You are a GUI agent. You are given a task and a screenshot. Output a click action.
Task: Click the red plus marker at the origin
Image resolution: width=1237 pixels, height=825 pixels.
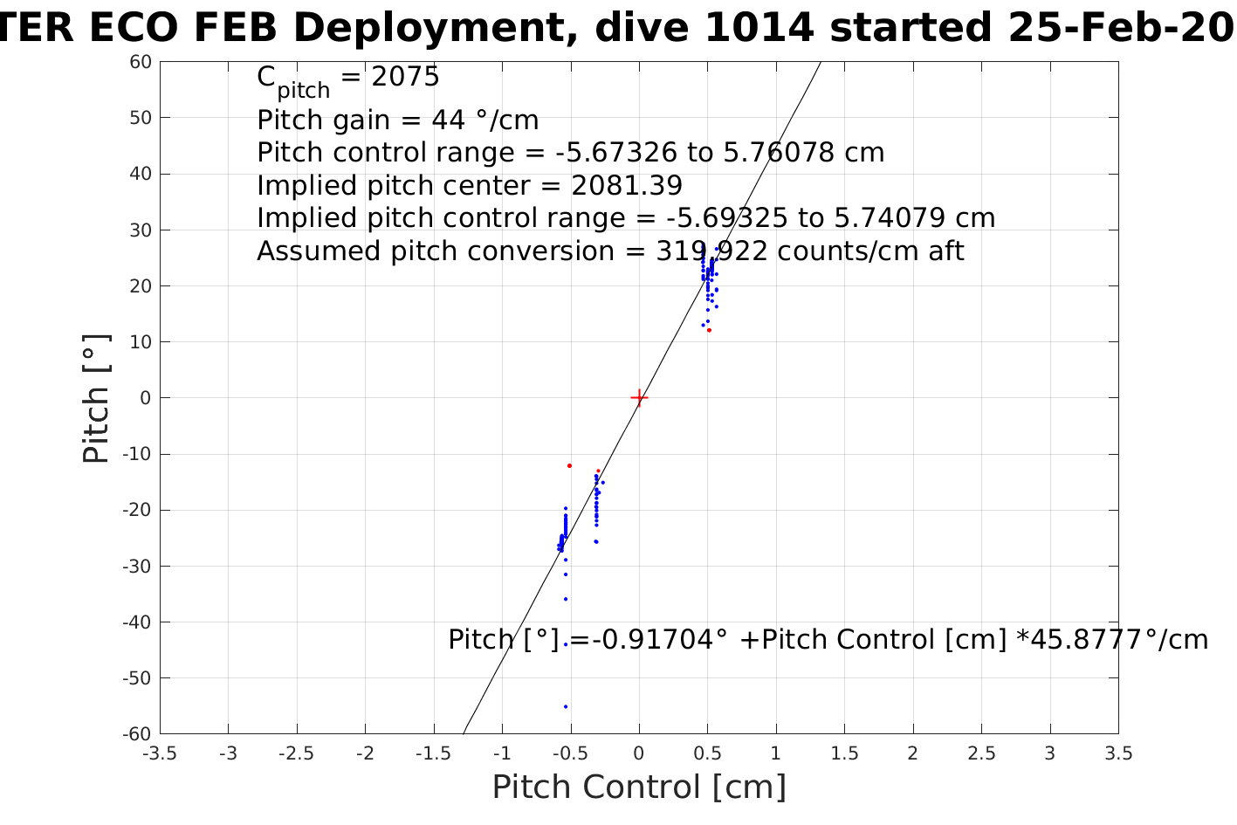tap(639, 398)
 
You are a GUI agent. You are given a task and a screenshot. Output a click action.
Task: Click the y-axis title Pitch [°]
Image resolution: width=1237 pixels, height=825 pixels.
tap(96, 398)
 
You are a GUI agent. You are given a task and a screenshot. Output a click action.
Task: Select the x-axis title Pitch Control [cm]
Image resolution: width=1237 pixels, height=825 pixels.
tap(639, 787)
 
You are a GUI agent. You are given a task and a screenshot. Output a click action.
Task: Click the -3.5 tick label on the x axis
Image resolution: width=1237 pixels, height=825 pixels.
tap(160, 753)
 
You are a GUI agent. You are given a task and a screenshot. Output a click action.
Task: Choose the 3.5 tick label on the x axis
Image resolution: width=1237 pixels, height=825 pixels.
tap(1118, 753)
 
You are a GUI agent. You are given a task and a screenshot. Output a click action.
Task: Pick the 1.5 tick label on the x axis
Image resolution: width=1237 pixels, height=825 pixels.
tap(844, 753)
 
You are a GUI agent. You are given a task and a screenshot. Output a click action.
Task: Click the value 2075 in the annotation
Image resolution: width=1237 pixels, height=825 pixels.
tap(405, 78)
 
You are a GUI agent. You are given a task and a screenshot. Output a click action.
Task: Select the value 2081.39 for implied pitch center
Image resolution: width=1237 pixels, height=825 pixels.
tap(627, 186)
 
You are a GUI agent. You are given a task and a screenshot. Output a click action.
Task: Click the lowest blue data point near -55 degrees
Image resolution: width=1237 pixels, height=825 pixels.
tap(566, 706)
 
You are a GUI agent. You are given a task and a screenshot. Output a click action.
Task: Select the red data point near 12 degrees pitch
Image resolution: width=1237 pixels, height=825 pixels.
tap(709, 330)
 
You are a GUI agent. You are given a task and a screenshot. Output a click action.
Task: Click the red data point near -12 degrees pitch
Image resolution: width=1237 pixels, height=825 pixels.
tap(569, 465)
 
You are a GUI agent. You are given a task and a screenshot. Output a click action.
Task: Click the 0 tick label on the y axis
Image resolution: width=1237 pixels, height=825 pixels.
tap(146, 398)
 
